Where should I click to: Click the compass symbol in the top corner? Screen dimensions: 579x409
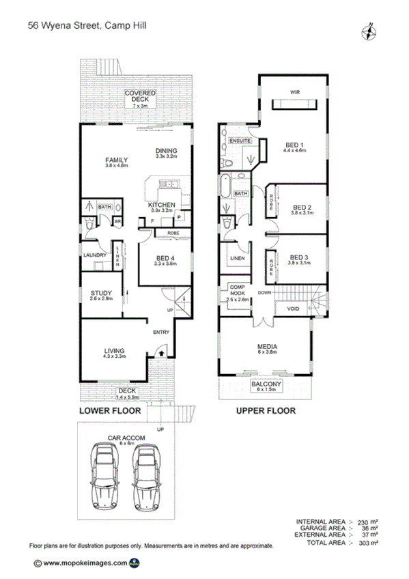pyautogui.click(x=369, y=31)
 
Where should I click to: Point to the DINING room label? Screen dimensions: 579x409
pyautogui.click(x=166, y=152)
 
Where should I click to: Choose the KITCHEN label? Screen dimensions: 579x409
pyautogui.click(x=162, y=206)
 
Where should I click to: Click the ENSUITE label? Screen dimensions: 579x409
pyautogui.click(x=240, y=141)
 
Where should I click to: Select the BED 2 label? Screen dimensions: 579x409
pyautogui.click(x=302, y=207)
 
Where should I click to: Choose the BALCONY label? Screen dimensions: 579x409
pyautogui.click(x=266, y=385)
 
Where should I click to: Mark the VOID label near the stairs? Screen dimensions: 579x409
pyautogui.click(x=294, y=308)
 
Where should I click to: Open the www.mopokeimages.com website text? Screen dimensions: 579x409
pyautogui.click(x=85, y=563)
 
